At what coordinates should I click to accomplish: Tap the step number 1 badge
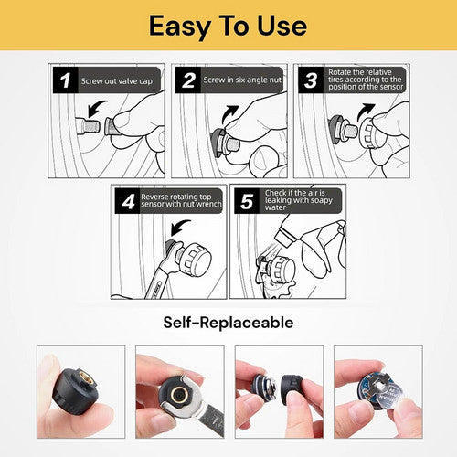(x=65, y=80)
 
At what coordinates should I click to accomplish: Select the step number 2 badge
(x=189, y=80)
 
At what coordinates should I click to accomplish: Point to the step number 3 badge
(x=310, y=80)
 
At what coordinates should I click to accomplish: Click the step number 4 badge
(x=126, y=201)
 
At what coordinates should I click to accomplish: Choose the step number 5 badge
(x=245, y=201)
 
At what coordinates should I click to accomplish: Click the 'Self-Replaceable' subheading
(x=228, y=323)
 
